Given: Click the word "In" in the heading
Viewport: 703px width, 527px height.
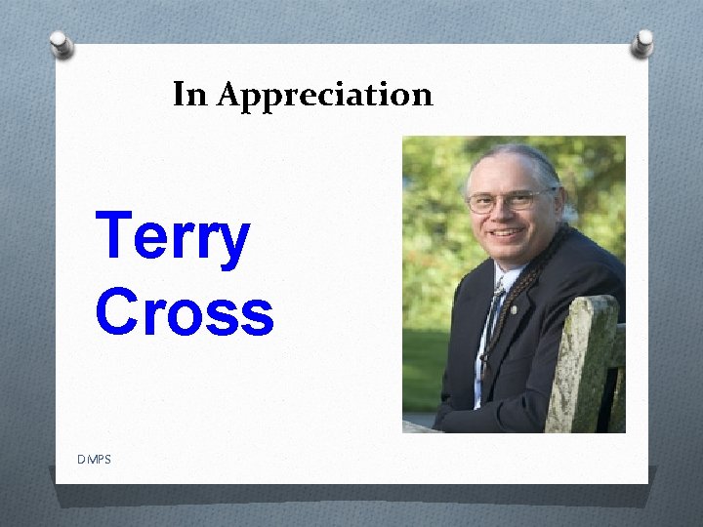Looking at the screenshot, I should tap(190, 95).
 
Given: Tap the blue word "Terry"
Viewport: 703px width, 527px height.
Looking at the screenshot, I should tap(173, 240).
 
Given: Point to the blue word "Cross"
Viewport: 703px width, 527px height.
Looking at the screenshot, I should tap(185, 312).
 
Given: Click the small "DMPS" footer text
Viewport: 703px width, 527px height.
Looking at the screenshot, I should tap(94, 459).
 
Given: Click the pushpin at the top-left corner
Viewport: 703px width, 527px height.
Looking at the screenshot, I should tap(62, 43).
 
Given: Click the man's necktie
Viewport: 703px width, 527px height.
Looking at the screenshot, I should tap(493, 312).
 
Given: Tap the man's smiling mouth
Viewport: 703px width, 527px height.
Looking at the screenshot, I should tap(506, 234).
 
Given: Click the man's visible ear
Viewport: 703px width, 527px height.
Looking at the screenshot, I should tap(558, 205).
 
